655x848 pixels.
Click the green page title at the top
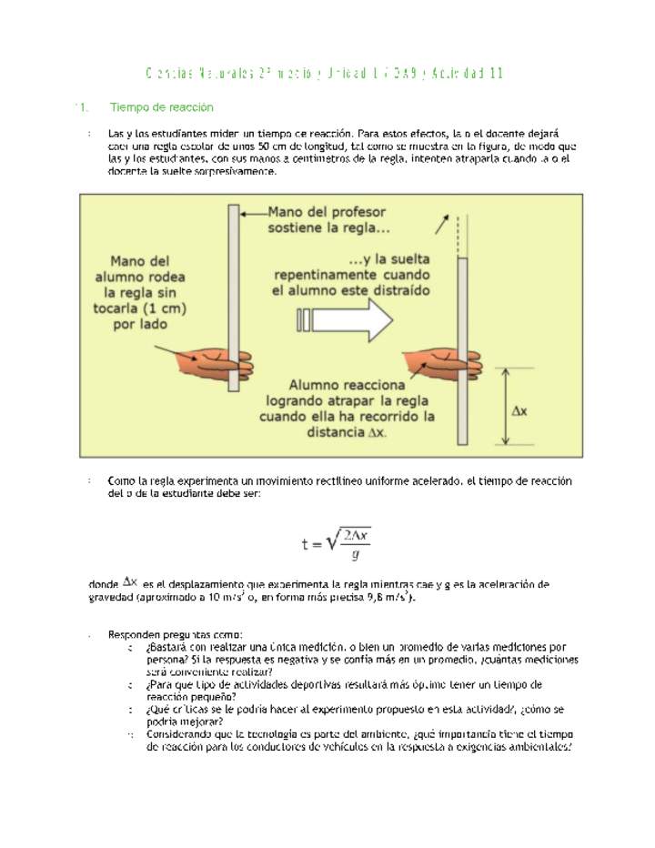[x=325, y=73]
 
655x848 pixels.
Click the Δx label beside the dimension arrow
[x=521, y=411]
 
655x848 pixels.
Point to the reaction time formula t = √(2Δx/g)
[x=337, y=543]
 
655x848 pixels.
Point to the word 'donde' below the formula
[x=104, y=583]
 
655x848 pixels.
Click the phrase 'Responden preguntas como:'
[x=176, y=634]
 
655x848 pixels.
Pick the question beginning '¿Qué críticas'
[x=356, y=715]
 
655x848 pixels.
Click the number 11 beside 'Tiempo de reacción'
[x=81, y=107]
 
